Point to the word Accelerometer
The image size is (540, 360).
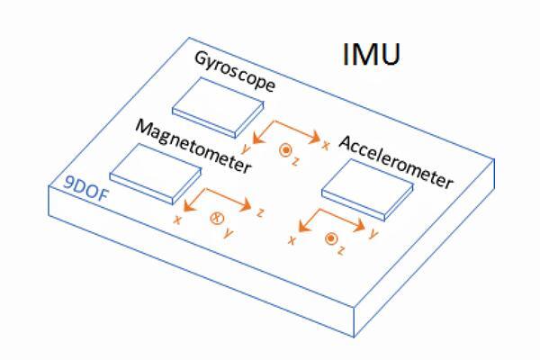(x=396, y=163)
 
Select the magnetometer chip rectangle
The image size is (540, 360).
(x=154, y=171)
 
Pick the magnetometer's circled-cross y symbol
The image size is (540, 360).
(x=216, y=218)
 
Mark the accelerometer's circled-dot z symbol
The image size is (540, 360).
(x=331, y=238)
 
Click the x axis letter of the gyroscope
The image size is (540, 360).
(x=325, y=144)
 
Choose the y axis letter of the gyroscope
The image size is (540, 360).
(x=247, y=147)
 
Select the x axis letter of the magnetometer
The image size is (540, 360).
(x=178, y=219)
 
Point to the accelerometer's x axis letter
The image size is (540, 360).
(x=292, y=240)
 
